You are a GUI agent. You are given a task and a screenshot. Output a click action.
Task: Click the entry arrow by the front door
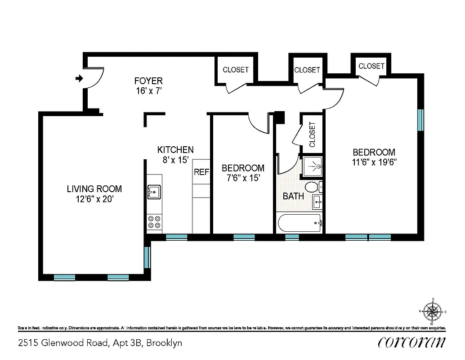79,79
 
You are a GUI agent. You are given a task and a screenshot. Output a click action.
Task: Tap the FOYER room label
148,81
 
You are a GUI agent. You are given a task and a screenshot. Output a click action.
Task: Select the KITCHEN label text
175,150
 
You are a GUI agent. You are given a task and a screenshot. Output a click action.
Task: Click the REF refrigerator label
201,172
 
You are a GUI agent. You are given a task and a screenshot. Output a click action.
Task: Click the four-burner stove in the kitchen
154,222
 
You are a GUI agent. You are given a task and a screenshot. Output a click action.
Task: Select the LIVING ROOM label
94,189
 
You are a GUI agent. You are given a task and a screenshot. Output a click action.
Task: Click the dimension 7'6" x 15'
243,178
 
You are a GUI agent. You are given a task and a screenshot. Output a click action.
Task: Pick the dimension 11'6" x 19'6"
374,162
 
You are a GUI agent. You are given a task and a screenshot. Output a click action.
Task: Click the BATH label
293,196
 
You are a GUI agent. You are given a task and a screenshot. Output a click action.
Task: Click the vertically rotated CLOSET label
312,135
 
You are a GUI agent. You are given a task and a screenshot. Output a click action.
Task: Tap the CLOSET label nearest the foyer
236,70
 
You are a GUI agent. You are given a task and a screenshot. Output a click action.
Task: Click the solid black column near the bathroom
279,117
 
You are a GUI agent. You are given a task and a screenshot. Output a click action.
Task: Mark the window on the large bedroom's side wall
420,120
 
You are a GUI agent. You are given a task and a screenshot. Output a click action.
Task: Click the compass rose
433,311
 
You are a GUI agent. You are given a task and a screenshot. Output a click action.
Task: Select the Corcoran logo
412,342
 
